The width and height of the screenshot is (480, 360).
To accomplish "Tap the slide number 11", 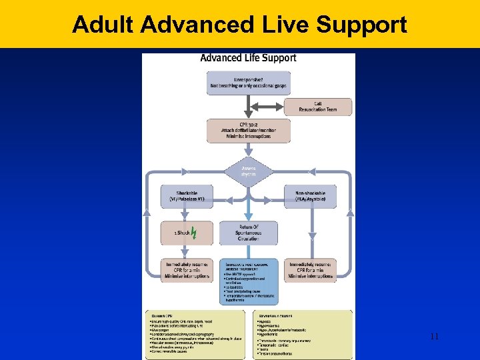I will click(434, 337).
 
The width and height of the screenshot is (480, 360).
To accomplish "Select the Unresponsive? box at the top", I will click(249, 82).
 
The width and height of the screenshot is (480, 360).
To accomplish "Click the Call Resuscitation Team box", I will click(318, 107).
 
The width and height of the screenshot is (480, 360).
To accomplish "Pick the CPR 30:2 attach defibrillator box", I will click(249, 131).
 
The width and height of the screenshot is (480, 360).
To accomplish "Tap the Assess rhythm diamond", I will click(249, 172).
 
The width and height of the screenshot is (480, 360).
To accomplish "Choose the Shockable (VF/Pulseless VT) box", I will click(187, 196).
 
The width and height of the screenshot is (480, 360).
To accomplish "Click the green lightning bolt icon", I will click(193, 233).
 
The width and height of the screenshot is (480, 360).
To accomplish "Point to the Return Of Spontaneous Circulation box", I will click(249, 233).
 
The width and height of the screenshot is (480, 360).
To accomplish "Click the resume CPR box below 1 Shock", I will click(187, 270).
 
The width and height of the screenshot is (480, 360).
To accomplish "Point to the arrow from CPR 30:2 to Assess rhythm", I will click(249, 151).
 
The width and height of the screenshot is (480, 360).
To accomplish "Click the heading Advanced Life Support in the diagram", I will click(248, 58).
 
